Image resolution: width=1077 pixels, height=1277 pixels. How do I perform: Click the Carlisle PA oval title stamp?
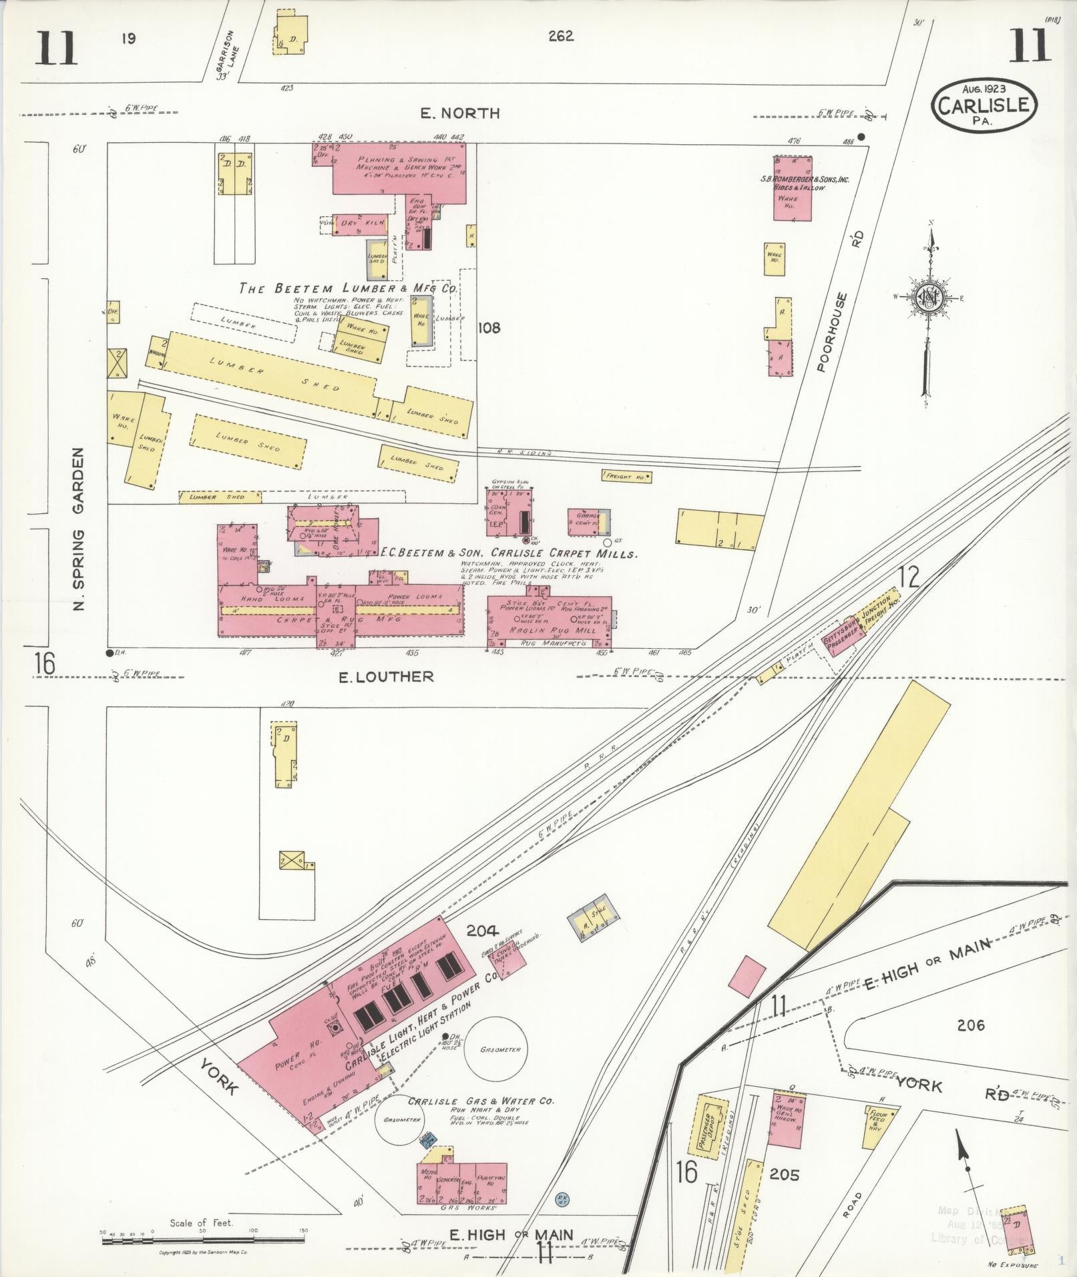coord(985,105)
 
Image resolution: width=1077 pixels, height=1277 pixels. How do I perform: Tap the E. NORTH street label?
coord(460,113)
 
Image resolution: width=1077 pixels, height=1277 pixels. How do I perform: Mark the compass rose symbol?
coord(928,298)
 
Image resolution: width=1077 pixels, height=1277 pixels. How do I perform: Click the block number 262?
coord(560,36)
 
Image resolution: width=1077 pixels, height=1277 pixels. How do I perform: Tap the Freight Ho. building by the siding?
coord(626,477)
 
